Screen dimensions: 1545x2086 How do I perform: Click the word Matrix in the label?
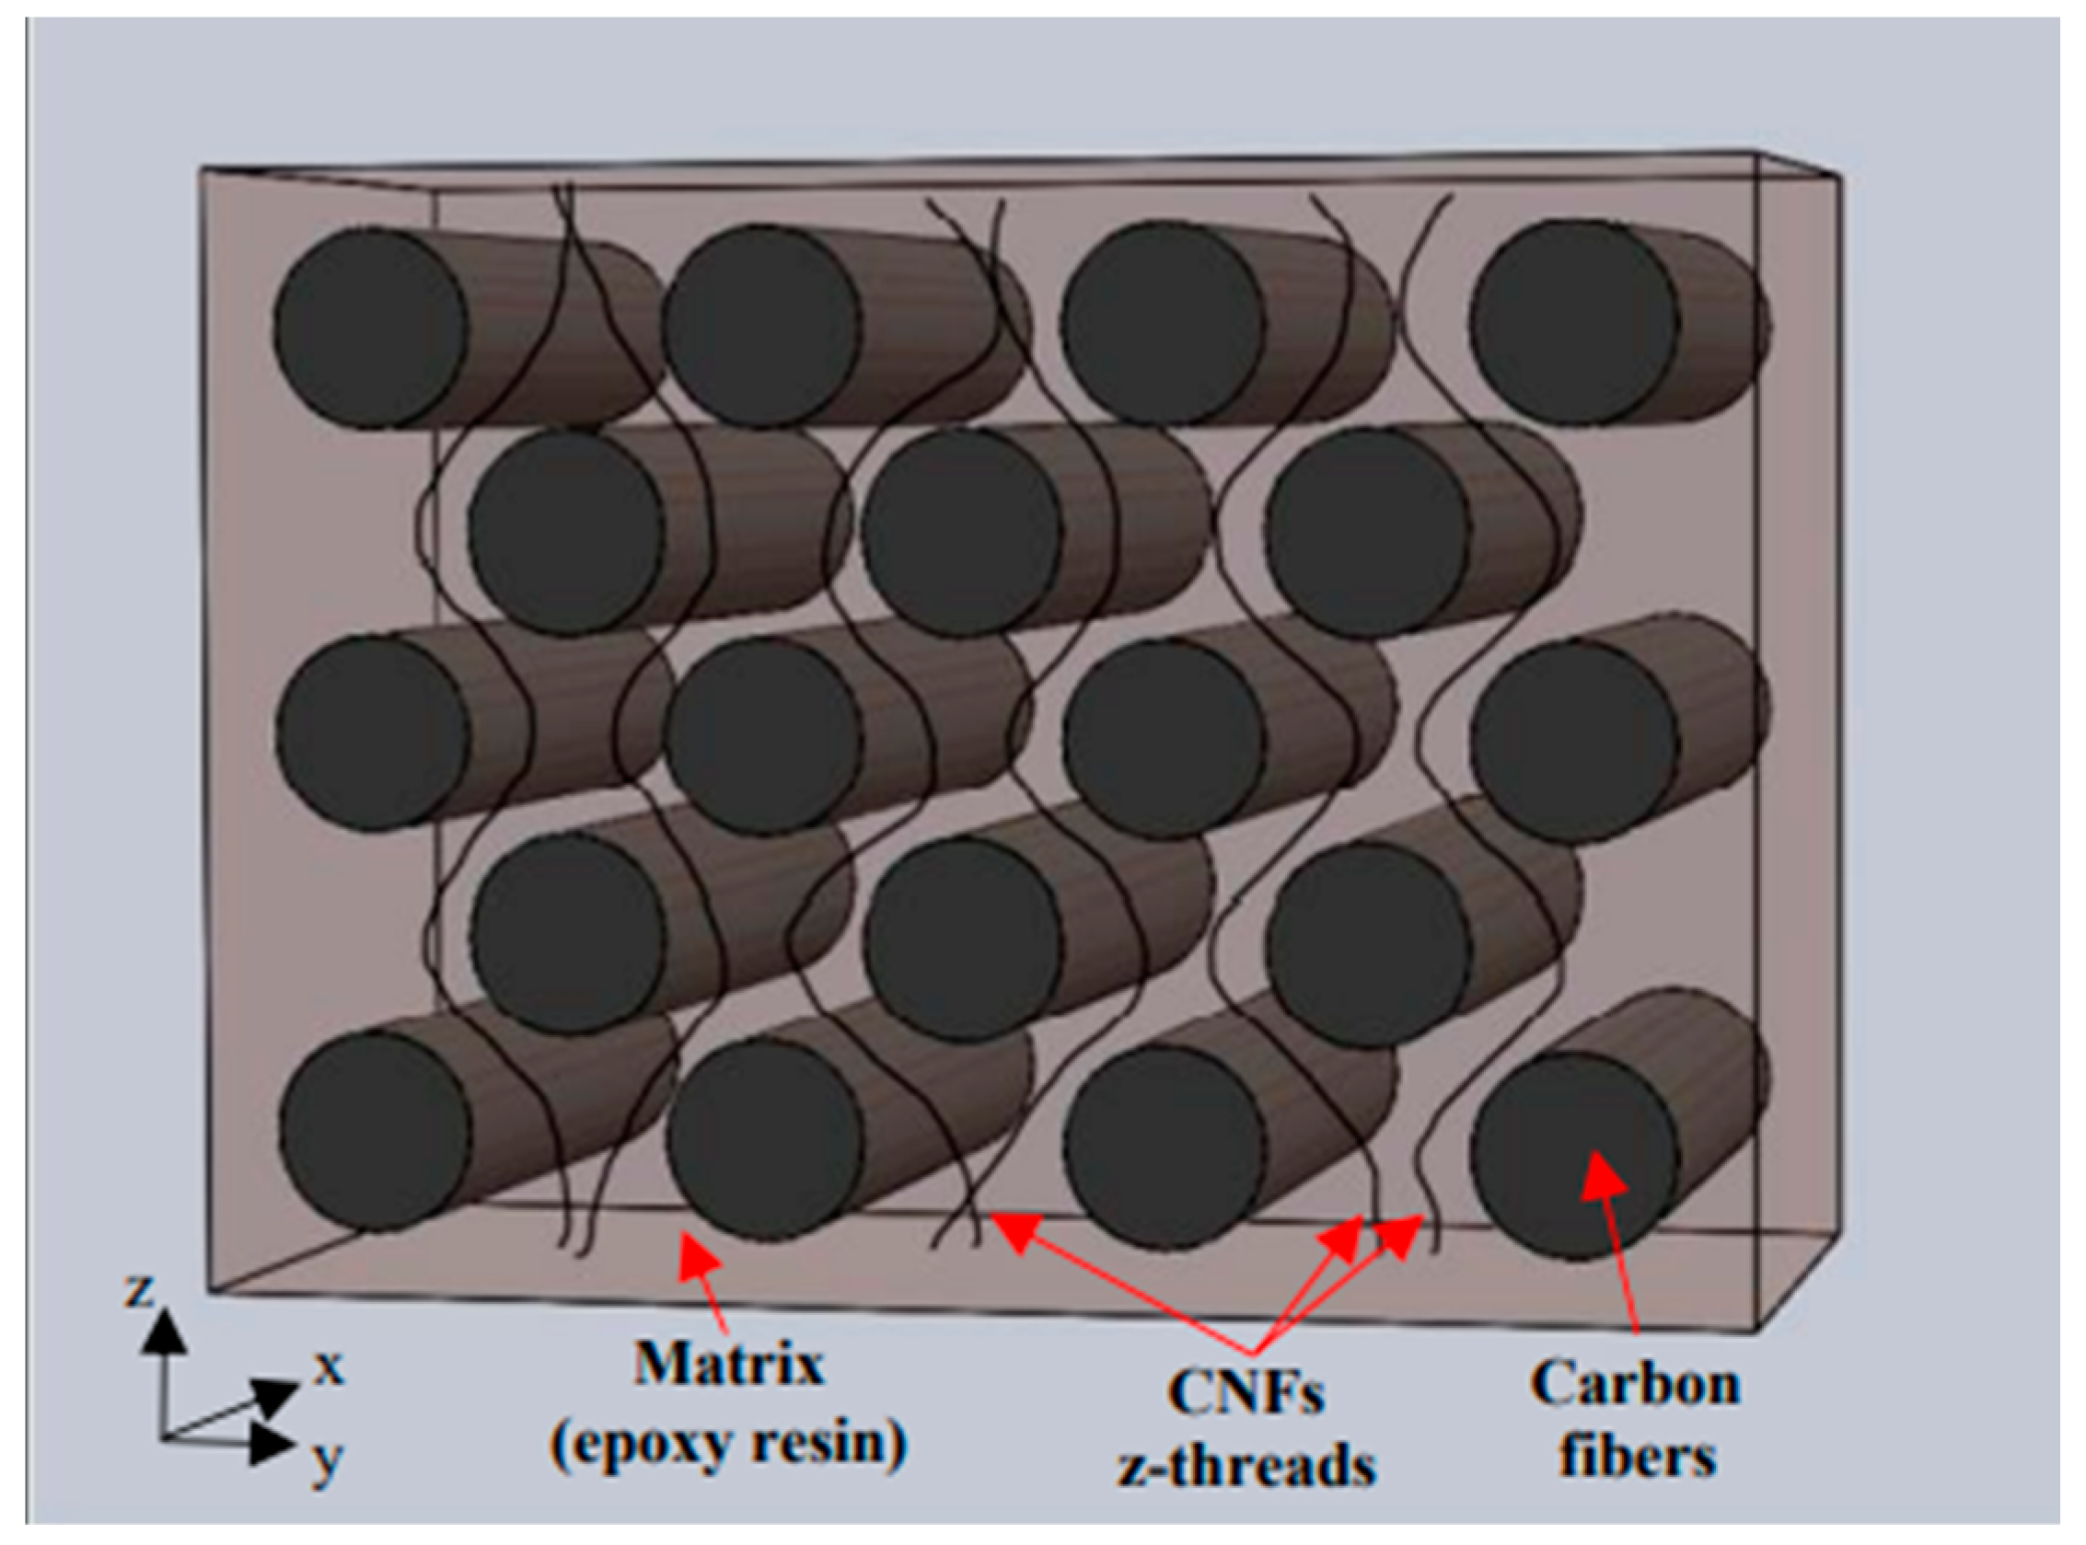(729, 1366)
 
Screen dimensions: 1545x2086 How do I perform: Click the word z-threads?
(1247, 1466)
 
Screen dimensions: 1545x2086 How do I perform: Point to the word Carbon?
(1634, 1383)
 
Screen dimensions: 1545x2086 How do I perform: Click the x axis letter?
(329, 1367)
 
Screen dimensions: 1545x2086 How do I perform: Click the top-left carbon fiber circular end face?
(371, 329)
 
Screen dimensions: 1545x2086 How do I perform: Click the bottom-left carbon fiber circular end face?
(375, 1132)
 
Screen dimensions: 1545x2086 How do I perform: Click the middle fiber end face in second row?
(962, 532)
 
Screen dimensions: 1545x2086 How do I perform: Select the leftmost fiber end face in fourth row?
(568, 933)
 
